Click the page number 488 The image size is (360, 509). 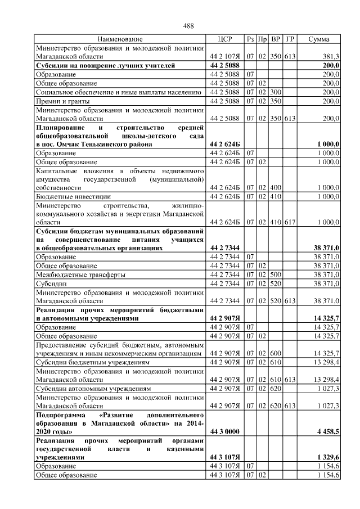click(x=188, y=26)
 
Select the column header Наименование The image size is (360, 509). click(x=120, y=39)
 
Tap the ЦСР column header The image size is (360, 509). click(x=224, y=39)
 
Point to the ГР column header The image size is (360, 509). click(x=290, y=39)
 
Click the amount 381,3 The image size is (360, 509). click(x=330, y=57)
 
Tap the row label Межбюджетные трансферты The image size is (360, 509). click(x=80, y=274)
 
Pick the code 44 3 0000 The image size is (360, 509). click(x=224, y=431)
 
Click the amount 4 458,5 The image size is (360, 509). click(x=327, y=431)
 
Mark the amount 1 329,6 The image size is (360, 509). click(x=327, y=458)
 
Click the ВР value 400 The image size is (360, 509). click(x=276, y=188)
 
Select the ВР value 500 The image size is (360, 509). click(x=276, y=274)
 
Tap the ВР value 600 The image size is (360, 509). click(x=276, y=353)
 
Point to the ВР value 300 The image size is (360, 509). click(x=276, y=92)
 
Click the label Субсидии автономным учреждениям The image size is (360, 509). click(x=93, y=388)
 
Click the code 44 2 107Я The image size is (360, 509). click(x=224, y=57)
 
